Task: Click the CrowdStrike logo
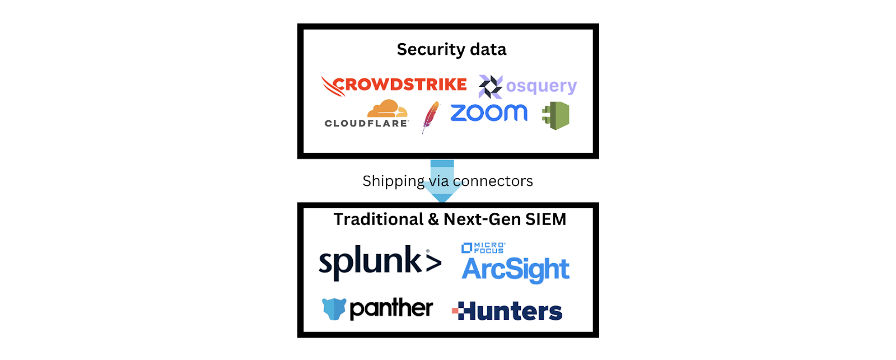394,85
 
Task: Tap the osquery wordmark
541,86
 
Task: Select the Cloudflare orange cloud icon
387,109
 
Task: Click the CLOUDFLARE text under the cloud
366,124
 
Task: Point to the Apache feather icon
430,116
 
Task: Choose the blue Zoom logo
489,113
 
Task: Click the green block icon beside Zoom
556,115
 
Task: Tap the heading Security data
451,50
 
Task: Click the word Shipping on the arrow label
393,181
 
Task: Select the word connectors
493,181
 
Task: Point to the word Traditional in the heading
378,219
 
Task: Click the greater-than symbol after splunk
433,263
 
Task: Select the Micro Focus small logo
483,247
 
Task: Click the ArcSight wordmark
515,270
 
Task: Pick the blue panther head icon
334,308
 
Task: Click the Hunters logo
507,311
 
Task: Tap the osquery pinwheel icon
491,87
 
